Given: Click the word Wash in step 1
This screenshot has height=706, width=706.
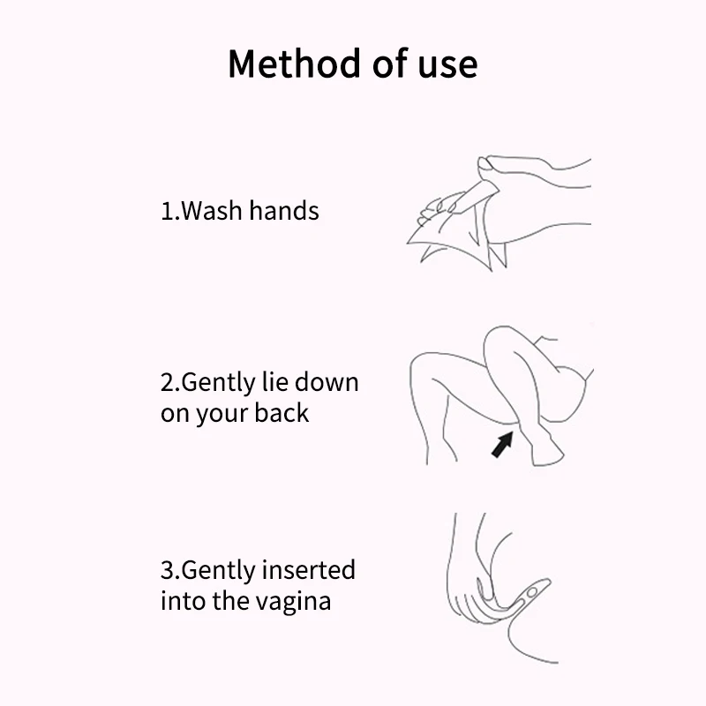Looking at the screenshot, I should (212, 211).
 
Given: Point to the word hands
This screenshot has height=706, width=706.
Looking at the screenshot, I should (283, 211).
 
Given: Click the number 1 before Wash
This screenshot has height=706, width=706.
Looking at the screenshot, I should (166, 212).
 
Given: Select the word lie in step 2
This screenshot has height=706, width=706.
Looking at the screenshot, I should (274, 384).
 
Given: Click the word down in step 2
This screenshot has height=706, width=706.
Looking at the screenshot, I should (327, 384).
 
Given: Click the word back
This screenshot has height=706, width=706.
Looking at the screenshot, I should (282, 413).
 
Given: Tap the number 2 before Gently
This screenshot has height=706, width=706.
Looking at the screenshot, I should (167, 385).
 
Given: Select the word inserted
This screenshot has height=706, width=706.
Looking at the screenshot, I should (312, 571).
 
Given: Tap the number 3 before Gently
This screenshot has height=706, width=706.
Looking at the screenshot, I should (167, 571).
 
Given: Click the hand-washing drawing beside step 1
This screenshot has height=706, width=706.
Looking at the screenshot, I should (494, 212).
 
